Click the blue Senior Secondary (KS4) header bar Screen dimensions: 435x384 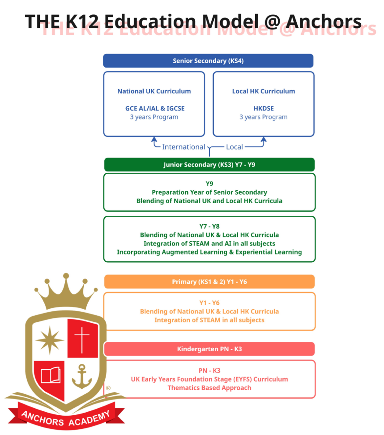tap(208, 61)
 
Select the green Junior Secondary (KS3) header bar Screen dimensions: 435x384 tap(209, 164)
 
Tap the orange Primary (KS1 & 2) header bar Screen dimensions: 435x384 tap(209, 282)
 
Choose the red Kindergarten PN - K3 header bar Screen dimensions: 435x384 tap(209, 349)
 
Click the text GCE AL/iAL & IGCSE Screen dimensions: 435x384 tap(155, 108)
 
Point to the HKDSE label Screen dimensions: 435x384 tap(263, 108)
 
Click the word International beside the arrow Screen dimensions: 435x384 tap(183, 147)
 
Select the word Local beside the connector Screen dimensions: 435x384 tap(234, 147)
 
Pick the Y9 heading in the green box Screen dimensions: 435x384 tap(209, 184)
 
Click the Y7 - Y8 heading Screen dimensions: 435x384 tap(209, 226)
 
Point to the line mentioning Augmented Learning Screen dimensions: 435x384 tap(209, 252)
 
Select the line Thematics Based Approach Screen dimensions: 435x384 tap(209, 388)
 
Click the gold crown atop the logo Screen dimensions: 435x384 tap(66, 292)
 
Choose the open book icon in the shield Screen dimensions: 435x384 tap(50, 375)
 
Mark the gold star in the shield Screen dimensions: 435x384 tap(50, 340)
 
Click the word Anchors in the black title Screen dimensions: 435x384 tap(323, 21)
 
